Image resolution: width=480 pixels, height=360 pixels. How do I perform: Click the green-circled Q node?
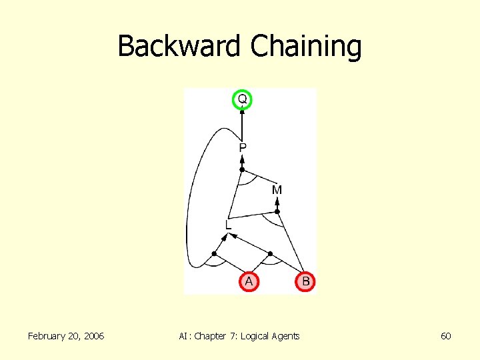pyautogui.click(x=242, y=99)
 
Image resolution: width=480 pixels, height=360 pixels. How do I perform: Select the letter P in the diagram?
pyautogui.click(x=243, y=147)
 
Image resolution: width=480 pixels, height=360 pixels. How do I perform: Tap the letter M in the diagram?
pyautogui.click(x=277, y=190)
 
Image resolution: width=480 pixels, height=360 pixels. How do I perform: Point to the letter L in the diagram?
pyautogui.click(x=228, y=225)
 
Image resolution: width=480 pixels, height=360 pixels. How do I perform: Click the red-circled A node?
pyautogui.click(x=249, y=282)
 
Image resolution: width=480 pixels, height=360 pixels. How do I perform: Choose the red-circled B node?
pyautogui.click(x=305, y=282)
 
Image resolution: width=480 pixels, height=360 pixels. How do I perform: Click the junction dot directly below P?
pyautogui.click(x=242, y=170)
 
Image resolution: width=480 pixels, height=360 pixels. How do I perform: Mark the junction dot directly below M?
pyautogui.click(x=278, y=212)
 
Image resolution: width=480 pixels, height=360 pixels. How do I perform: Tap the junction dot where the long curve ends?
pyautogui.click(x=214, y=254)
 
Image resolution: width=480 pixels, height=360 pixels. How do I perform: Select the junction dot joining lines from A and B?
pyautogui.click(x=270, y=254)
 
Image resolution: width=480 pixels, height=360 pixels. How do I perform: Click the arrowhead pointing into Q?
pyautogui.click(x=242, y=112)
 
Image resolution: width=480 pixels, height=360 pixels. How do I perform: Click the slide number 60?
pyautogui.click(x=446, y=336)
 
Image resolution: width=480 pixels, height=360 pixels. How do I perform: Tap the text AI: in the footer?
pyautogui.click(x=185, y=336)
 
